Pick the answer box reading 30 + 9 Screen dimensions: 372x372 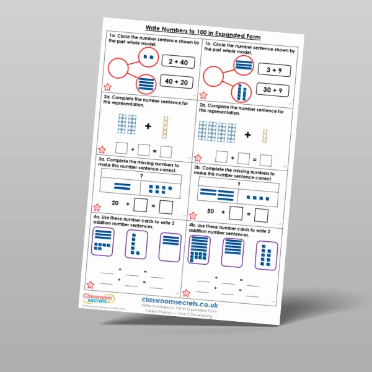coord(273,91)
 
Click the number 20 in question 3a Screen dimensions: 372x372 coord(115,203)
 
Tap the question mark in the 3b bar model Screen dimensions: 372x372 coord(237,184)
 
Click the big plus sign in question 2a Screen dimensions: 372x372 coord(148,126)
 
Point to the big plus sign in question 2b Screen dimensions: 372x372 coord(248,134)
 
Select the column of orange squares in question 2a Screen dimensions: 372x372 coord(166,127)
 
